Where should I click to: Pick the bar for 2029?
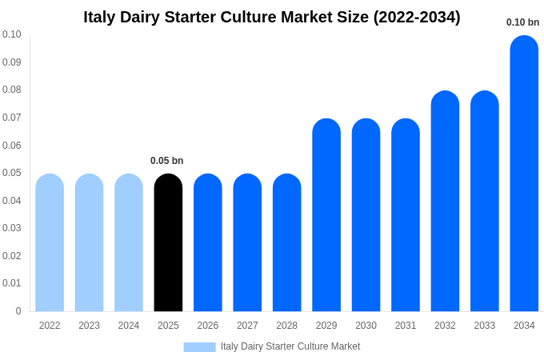[x=326, y=215]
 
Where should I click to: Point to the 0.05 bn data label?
[x=166, y=161]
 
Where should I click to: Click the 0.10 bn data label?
[x=522, y=22]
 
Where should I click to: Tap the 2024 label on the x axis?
[x=129, y=326]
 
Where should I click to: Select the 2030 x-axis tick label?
[x=366, y=326]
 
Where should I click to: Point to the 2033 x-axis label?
[x=485, y=326]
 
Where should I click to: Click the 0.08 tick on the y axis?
[x=12, y=90]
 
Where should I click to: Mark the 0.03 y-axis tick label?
[x=12, y=228]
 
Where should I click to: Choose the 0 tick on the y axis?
[x=18, y=311]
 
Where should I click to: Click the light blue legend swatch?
[x=199, y=346]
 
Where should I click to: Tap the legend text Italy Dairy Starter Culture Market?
[x=290, y=346]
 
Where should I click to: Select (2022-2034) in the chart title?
[x=416, y=17]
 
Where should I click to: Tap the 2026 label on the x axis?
[x=208, y=326]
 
